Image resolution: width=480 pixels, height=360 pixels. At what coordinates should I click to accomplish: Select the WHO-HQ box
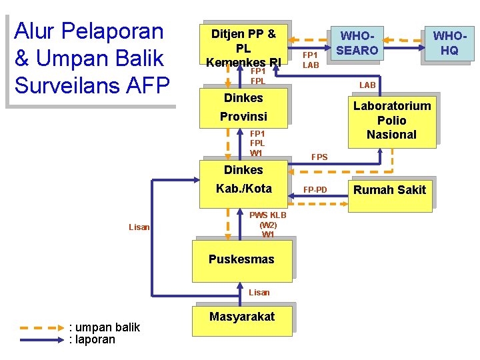[449, 43]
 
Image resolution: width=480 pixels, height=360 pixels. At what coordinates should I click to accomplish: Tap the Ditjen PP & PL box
[244, 45]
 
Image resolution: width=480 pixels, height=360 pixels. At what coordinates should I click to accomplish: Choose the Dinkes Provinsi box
[244, 108]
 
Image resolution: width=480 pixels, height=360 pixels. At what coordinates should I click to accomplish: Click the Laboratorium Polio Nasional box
[392, 123]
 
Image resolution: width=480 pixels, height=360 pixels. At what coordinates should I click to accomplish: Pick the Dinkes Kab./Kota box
[244, 184]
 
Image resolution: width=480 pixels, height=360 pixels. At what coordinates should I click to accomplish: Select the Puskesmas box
[242, 261]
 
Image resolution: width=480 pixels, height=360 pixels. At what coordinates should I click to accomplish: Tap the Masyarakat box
[242, 321]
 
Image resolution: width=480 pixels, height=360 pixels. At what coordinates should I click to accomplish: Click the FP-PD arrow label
[315, 190]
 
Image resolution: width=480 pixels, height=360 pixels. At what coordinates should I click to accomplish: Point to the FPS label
[319, 157]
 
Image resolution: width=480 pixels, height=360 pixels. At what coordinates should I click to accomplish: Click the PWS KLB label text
[268, 215]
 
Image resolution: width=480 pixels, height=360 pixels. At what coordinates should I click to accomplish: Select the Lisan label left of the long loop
[139, 227]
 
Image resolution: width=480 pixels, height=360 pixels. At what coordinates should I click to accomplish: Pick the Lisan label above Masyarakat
[259, 293]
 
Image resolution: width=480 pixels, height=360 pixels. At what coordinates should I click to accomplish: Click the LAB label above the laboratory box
[367, 85]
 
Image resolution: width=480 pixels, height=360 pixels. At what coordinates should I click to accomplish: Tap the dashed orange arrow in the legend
[42, 328]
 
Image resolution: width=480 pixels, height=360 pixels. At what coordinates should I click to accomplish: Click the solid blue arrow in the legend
[42, 340]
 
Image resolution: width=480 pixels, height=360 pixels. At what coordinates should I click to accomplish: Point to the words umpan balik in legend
[107, 327]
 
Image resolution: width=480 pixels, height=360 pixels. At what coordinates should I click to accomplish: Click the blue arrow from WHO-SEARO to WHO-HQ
[405, 48]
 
